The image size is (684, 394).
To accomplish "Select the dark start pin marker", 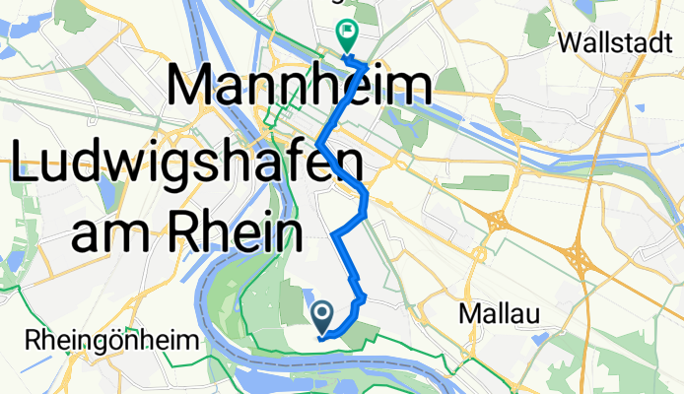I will click(322, 316).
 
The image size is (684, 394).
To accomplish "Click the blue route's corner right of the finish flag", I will click(368, 65).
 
